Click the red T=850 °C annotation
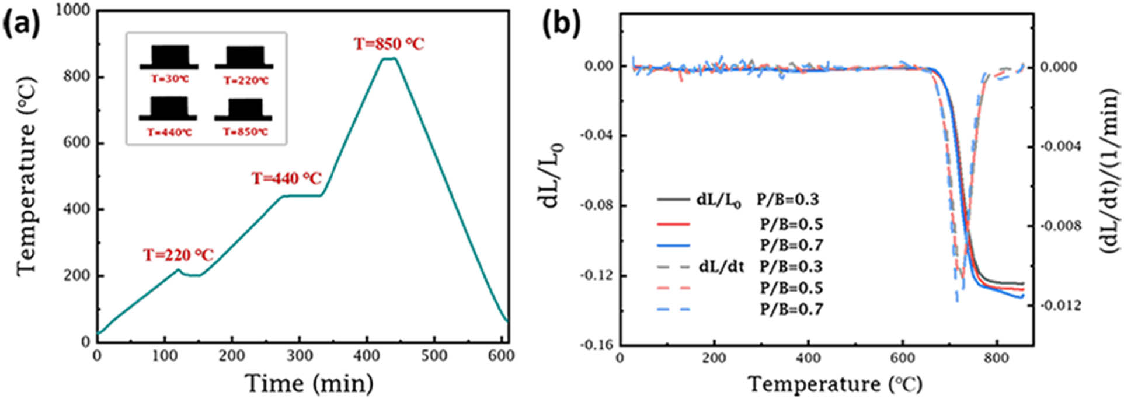(x=389, y=44)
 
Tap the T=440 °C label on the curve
(x=286, y=178)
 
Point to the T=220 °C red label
(x=179, y=256)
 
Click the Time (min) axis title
(x=309, y=384)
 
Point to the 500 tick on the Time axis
(x=434, y=355)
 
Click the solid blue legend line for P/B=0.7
(x=673, y=246)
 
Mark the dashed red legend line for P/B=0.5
(x=673, y=288)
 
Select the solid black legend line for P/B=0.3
(x=673, y=200)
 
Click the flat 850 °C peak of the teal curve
(x=389, y=58)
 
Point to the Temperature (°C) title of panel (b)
(x=835, y=384)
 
